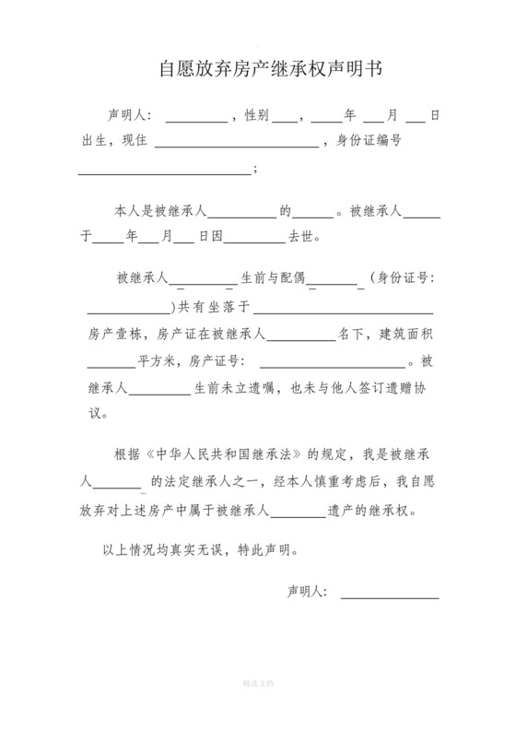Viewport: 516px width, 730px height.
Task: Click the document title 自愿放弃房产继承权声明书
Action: point(258,69)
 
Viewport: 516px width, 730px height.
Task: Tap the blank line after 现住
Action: point(237,143)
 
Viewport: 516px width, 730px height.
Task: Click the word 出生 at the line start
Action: point(92,142)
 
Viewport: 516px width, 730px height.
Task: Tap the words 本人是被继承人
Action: point(161,210)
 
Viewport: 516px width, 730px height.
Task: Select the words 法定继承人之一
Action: point(195,481)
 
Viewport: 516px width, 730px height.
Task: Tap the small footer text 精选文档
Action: point(257,684)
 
